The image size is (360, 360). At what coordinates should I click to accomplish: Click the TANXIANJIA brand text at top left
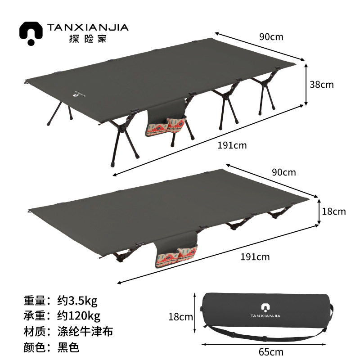[x=87, y=27]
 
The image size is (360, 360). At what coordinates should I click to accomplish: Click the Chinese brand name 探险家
[x=87, y=39]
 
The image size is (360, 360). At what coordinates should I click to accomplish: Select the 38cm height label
[x=322, y=84]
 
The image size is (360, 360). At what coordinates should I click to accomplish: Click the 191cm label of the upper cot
[x=232, y=145]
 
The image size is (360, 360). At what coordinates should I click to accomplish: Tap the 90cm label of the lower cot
[x=283, y=172]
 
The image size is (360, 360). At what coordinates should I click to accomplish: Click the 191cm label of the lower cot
[x=255, y=257]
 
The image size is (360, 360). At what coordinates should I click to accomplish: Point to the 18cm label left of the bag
[x=180, y=317]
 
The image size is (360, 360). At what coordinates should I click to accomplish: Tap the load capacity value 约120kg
[x=79, y=315]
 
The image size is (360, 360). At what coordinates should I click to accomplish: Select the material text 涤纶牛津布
[x=85, y=332]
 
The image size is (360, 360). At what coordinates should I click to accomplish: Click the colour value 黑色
[x=68, y=347]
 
